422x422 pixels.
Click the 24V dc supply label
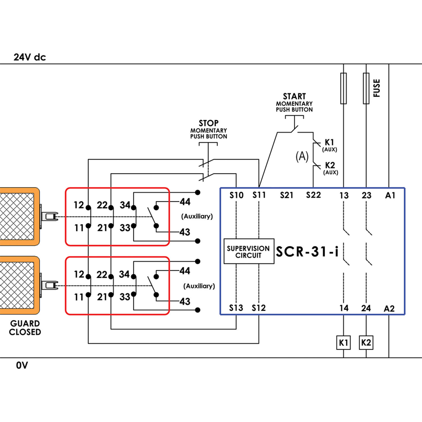(30, 57)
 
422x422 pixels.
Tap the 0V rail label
(22, 365)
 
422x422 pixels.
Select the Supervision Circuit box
(249, 252)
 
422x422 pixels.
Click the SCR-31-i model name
(307, 252)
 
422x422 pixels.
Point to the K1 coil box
(343, 343)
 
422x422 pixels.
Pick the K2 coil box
(366, 343)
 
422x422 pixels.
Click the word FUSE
(376, 88)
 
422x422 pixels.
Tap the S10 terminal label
(236, 195)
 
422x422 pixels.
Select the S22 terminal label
(313, 195)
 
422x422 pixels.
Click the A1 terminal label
(390, 195)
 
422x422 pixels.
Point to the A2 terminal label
(389, 309)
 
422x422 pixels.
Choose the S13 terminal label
(236, 308)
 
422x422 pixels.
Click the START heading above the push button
(294, 96)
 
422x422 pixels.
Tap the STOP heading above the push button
(208, 123)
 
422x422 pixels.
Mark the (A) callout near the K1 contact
(302, 156)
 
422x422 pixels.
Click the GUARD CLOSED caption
(25, 328)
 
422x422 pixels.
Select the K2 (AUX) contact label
(330, 168)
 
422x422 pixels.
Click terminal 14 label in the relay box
(344, 308)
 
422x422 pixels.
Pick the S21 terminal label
(286, 195)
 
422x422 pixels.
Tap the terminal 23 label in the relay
(366, 196)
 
